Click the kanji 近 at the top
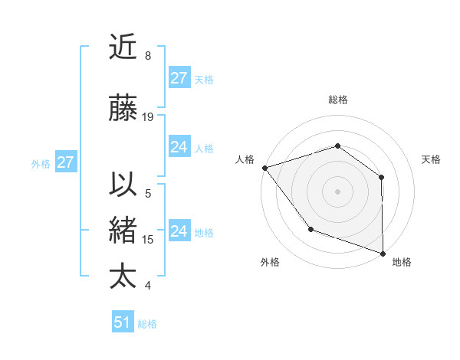click(123, 47)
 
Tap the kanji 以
click(123, 185)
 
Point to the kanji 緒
click(123, 231)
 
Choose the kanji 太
click(123, 277)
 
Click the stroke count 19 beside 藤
click(148, 116)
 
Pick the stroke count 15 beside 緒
click(148, 239)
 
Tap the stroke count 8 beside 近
click(148, 55)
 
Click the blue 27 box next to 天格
click(179, 78)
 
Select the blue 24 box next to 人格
click(179, 147)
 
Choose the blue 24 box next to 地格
click(179, 231)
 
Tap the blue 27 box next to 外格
click(65, 162)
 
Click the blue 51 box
click(123, 322)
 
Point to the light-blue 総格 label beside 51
click(147, 323)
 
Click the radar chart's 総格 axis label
click(337, 100)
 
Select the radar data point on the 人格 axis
click(264, 167)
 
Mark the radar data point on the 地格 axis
click(383, 252)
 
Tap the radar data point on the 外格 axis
click(310, 228)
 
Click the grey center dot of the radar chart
click(337, 191)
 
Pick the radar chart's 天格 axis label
click(431, 159)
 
